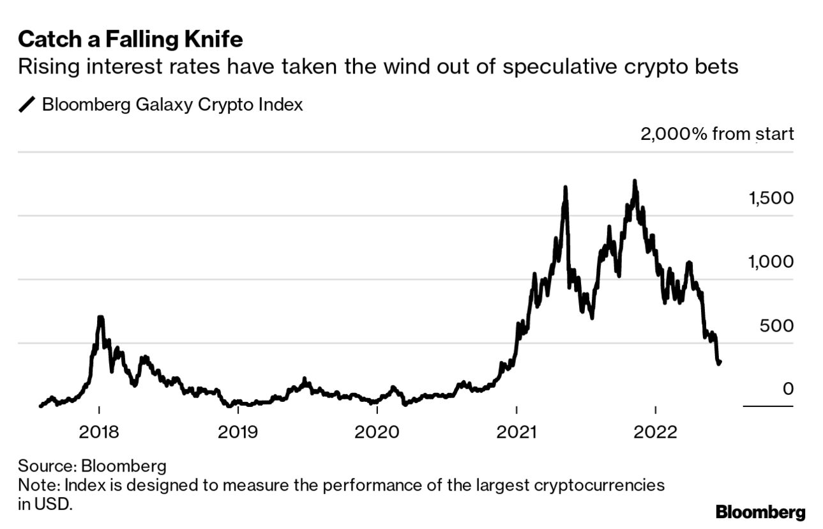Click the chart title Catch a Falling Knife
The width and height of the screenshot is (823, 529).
point(130,40)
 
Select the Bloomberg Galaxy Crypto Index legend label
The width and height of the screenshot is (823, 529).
point(172,105)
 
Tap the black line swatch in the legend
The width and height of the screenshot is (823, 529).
point(28,105)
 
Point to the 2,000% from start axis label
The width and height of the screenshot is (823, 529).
point(717,134)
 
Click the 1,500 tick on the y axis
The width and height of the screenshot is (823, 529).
point(771,198)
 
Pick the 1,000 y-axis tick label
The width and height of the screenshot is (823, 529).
point(771,262)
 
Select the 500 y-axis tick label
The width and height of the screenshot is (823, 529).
point(777,326)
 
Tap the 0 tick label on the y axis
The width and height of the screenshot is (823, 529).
point(788,389)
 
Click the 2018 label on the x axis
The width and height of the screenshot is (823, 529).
point(99,432)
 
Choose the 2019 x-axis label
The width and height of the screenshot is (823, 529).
point(238,432)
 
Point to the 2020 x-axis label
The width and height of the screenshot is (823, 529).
point(377,432)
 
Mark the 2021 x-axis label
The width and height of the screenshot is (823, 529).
point(517,432)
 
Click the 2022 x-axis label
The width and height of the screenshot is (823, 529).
point(656,432)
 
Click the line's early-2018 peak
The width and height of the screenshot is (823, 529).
point(100,318)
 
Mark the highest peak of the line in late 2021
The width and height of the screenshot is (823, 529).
point(634,181)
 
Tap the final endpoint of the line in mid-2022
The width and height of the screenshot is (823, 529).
point(720,362)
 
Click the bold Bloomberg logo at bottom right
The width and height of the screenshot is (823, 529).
point(760,512)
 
